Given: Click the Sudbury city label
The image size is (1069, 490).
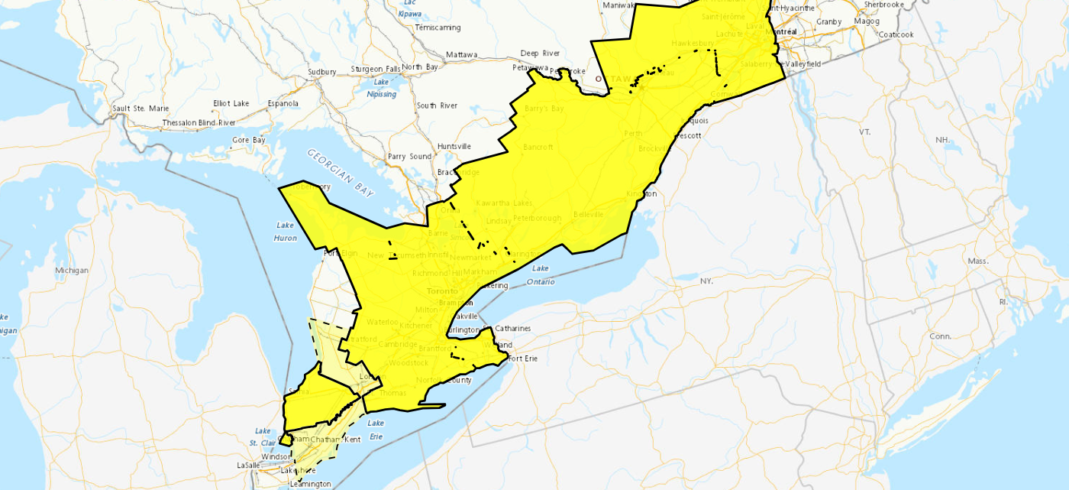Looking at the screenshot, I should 321,72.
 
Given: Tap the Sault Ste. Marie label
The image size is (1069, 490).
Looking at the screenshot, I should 140,109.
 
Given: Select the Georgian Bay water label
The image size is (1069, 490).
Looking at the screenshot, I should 341,171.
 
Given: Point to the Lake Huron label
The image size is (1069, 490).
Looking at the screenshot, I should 286,232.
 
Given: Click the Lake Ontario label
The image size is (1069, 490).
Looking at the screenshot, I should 541,275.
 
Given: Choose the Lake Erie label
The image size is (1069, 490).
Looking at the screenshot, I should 376,430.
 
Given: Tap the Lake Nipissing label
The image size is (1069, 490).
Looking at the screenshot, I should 382,88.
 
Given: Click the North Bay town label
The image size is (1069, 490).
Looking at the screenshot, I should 420,67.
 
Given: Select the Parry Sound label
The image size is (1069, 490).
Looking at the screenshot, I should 409,157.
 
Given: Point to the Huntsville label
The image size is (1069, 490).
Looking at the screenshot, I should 454,147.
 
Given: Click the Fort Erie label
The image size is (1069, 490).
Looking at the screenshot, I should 523,359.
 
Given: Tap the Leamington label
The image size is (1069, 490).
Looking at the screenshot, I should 311,484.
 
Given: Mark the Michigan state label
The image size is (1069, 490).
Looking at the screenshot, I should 72,271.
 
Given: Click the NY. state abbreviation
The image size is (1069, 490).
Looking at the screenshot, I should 706,281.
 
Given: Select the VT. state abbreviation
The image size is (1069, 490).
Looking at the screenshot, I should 864,132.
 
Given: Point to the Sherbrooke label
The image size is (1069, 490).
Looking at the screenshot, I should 883,5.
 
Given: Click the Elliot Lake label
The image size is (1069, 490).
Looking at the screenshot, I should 231,104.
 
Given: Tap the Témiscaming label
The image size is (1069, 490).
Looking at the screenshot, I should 438,28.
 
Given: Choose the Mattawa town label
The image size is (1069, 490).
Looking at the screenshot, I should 461,55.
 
